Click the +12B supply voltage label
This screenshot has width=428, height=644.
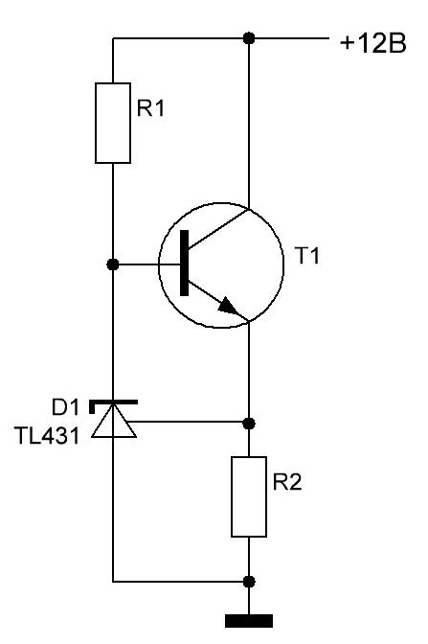point(373,43)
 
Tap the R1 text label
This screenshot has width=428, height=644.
point(150,108)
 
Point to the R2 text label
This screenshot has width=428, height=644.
point(287,482)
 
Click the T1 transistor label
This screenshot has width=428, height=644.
point(307,256)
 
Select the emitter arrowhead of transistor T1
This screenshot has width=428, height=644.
point(228,306)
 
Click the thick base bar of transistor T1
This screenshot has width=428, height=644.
point(185,263)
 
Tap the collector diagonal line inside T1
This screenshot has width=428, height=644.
point(218,228)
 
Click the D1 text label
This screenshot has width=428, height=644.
point(65,408)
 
